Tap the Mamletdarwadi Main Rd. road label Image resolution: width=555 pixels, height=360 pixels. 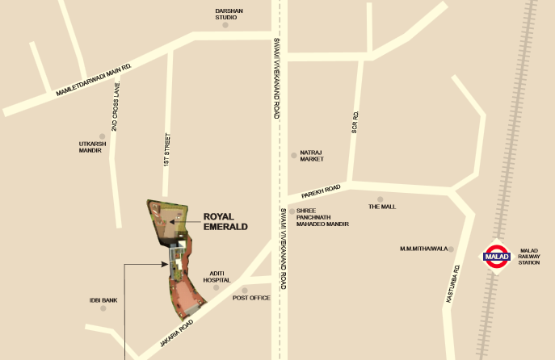point(93,82)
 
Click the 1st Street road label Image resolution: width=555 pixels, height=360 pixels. point(166,149)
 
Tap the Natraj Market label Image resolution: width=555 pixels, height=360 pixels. point(312,157)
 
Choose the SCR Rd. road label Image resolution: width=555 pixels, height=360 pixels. point(354,122)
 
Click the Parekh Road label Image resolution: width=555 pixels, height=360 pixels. point(322,191)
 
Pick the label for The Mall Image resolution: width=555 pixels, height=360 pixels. point(382,207)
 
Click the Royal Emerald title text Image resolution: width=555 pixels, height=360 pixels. point(225,221)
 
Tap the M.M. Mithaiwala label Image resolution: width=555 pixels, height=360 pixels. point(424,249)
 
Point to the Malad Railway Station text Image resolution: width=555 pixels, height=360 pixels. point(529,257)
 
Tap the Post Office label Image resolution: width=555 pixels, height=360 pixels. point(250,298)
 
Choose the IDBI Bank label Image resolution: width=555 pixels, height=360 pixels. point(103,300)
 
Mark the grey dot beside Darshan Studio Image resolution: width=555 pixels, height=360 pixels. point(225,25)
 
